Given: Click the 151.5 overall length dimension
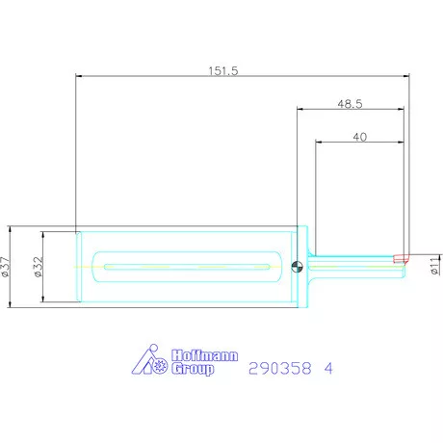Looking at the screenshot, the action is (223, 71).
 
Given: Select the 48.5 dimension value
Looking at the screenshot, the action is (350, 104).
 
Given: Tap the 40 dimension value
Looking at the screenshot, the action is (360, 137).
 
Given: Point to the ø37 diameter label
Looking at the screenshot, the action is (6, 267).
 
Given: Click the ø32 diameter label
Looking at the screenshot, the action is (38, 267).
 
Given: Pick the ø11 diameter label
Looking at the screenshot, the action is (435, 266).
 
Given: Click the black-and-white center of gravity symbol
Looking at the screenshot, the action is (297, 267).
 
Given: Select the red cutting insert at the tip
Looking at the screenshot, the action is (402, 258).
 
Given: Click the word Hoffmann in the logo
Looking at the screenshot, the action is (205, 355).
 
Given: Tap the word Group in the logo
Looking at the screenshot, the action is (193, 369).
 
